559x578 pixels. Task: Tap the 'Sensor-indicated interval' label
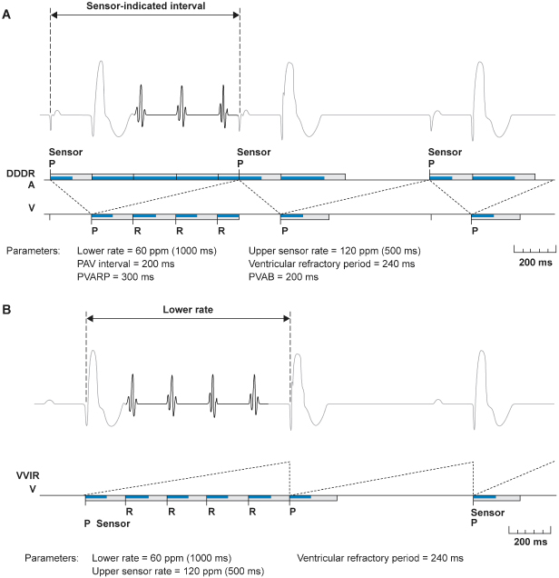[x=145, y=7]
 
